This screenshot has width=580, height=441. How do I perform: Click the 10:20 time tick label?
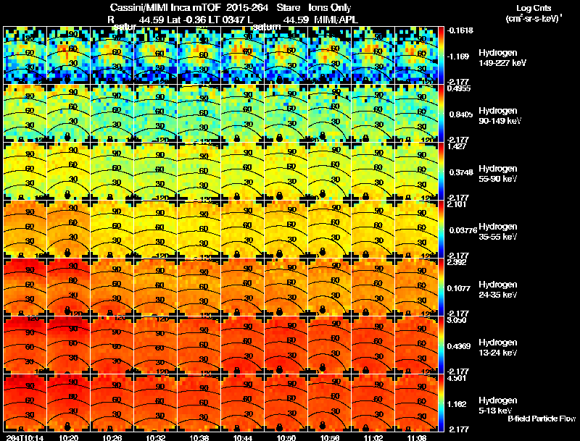tap(69, 437)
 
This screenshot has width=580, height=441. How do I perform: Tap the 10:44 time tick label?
tap(243, 437)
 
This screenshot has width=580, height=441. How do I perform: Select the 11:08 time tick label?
tap(417, 437)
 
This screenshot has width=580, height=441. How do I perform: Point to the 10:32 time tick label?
tap(156, 437)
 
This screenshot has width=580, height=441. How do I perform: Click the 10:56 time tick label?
tap(330, 437)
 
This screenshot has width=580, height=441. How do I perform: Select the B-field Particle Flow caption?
tap(541, 419)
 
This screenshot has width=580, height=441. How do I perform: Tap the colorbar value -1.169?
tap(460, 56)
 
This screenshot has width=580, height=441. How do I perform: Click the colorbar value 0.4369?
tap(460, 345)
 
